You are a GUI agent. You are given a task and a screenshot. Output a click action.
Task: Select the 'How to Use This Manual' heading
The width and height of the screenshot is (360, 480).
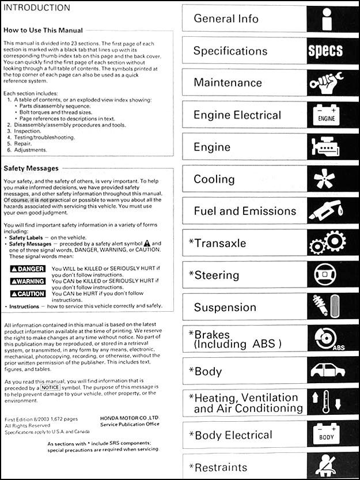(43, 30)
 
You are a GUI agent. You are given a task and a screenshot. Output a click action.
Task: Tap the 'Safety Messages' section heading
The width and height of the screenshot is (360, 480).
(31, 168)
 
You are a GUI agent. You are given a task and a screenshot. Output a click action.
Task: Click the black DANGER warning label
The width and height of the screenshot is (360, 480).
(28, 269)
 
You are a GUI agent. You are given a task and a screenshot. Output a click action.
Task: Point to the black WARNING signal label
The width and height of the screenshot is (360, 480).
(28, 281)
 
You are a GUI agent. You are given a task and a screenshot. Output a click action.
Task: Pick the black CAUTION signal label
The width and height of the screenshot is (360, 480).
(28, 293)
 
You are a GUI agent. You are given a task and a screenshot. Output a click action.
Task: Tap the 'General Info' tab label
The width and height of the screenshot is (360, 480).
(222, 18)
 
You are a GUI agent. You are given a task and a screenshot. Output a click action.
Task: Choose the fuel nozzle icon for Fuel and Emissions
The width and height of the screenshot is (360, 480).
(325, 211)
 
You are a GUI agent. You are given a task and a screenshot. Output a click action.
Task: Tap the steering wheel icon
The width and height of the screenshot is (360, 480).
(325, 275)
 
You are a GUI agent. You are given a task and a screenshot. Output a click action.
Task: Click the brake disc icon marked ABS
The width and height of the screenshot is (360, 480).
(326, 340)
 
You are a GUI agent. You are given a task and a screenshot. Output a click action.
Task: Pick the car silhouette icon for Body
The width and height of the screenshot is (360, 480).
(325, 372)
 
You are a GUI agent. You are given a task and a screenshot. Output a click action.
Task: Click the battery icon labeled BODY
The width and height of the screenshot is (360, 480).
(325, 436)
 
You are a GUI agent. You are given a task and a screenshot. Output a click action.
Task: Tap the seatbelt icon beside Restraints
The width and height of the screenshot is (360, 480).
(325, 467)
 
